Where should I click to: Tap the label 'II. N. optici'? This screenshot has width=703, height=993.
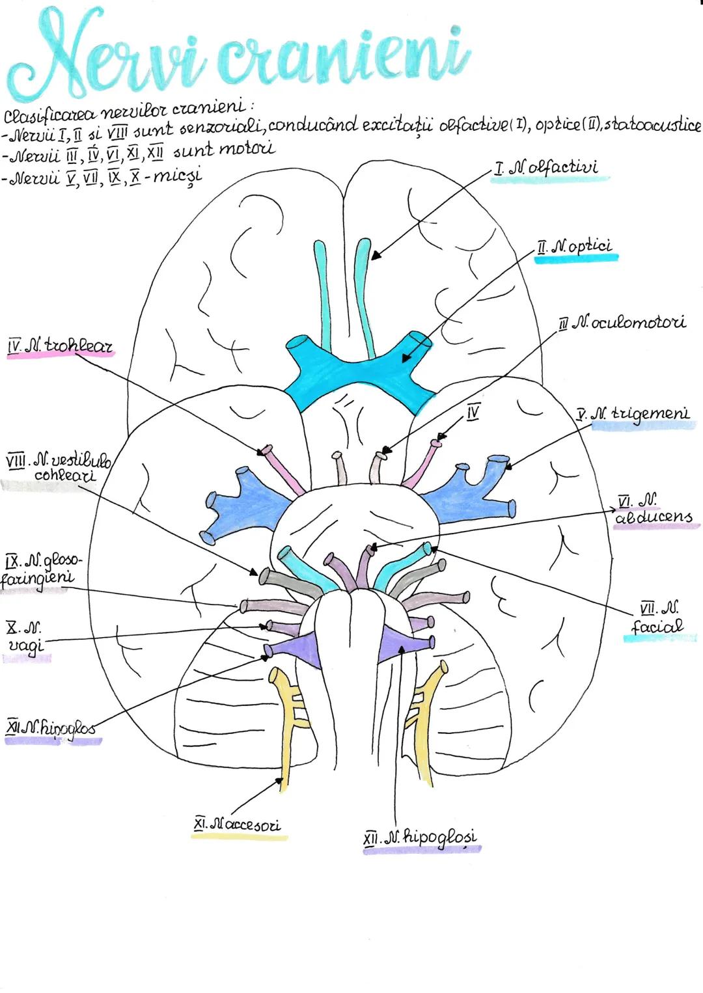pyautogui.click(x=574, y=247)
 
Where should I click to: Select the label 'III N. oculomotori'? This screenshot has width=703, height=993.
pyautogui.click(x=622, y=322)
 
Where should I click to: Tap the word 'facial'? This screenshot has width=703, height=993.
pyautogui.click(x=657, y=627)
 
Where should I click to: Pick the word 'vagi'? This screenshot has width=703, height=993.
pyautogui.click(x=26, y=645)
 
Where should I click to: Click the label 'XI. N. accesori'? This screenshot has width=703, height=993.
pyautogui.click(x=238, y=824)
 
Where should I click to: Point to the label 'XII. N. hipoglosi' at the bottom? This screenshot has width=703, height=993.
pyautogui.click(x=420, y=837)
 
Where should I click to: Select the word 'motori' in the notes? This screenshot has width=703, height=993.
pyautogui.click(x=246, y=148)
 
